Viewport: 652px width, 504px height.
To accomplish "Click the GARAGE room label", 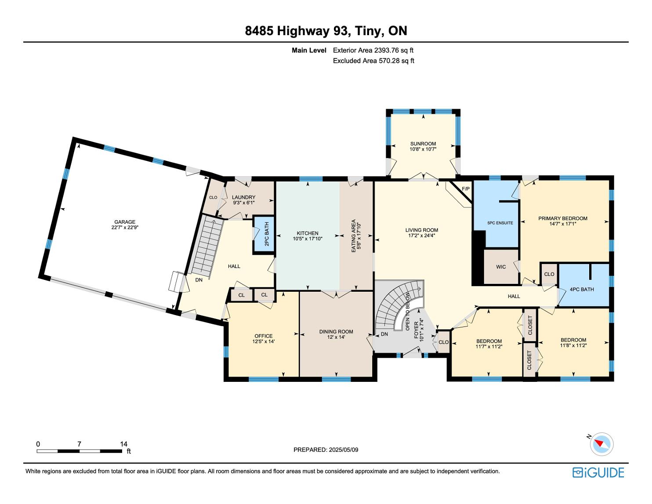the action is (x=125, y=222).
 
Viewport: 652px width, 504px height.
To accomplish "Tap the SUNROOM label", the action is (x=423, y=144).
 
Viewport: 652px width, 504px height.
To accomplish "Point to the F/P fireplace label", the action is (x=465, y=189).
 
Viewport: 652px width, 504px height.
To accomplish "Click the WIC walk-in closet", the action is (x=501, y=267).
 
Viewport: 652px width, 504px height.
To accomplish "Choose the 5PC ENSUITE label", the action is (x=500, y=223).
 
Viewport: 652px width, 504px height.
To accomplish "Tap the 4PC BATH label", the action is (x=582, y=289).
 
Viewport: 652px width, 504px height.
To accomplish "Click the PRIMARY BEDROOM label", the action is (x=562, y=218).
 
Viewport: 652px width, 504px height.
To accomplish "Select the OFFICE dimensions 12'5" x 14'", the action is (x=264, y=341).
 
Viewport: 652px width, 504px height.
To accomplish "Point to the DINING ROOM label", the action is (x=336, y=331).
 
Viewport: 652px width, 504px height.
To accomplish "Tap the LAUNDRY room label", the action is (x=244, y=197).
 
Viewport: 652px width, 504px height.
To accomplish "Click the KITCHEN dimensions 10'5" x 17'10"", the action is (x=308, y=239).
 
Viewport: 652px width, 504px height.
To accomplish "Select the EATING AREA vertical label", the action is (x=353, y=236).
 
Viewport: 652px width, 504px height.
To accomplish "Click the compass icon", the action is (x=601, y=444).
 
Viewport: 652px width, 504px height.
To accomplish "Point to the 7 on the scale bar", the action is (x=79, y=444).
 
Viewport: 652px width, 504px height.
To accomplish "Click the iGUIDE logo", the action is (x=598, y=472).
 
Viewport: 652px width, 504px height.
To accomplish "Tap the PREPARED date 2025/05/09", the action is (x=344, y=450).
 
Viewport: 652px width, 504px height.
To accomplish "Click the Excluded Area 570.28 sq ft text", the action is (x=373, y=61).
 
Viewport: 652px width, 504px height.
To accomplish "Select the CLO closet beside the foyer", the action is (x=443, y=342).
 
